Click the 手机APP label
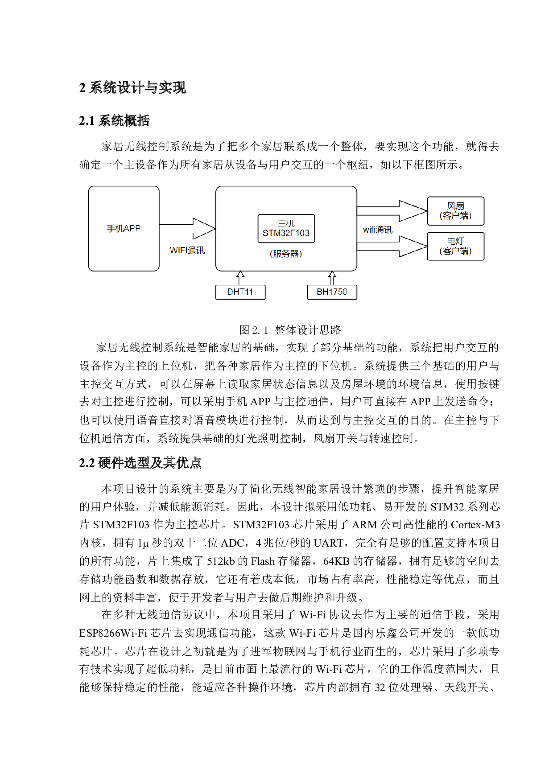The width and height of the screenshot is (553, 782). coord(124,228)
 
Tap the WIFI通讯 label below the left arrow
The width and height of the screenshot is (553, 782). coord(187,251)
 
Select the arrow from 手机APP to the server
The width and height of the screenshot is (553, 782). coord(187,229)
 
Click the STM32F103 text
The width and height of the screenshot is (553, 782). coord(286,233)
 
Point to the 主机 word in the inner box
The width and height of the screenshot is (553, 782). coord(286,223)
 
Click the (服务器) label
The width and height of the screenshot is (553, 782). coord(286,254)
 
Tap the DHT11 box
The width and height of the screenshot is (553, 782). coord(240,292)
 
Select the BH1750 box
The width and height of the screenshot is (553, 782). coord(332,292)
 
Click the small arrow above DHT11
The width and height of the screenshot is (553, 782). coord(240,277)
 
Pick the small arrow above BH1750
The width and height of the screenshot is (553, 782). coord(332,277)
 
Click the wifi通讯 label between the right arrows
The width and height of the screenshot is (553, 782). coord(378,230)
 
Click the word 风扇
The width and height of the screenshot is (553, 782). coord(456,206)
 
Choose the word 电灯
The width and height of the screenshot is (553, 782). coord(456,241)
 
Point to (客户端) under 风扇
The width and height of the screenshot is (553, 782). coord(456,216)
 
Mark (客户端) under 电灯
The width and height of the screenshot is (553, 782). coord(456,251)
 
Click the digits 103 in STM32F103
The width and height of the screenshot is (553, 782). coord(302,233)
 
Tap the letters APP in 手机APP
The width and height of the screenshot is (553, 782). coord(132,228)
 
